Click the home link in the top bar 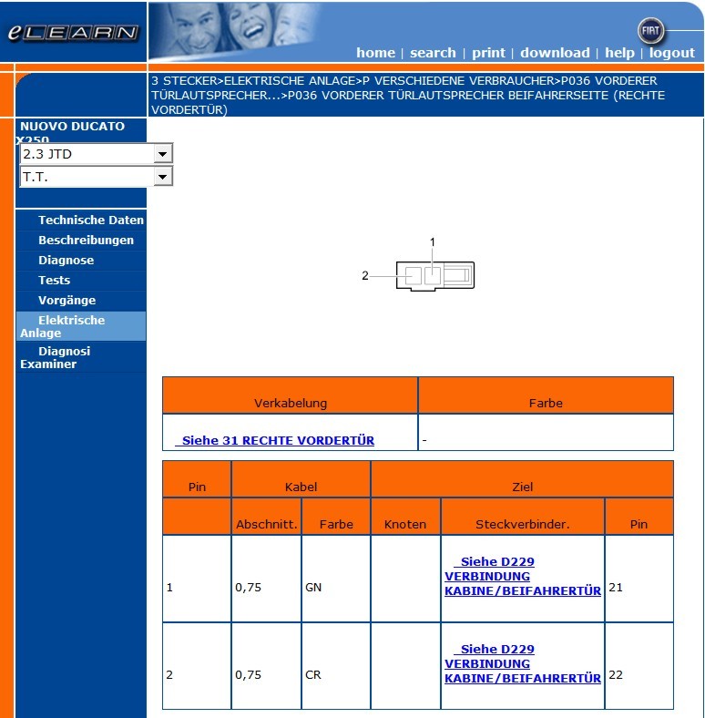(375, 53)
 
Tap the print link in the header (488, 53)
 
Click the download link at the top (555, 53)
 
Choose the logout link (672, 53)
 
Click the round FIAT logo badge (652, 30)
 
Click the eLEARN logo (73, 33)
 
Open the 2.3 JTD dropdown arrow (163, 154)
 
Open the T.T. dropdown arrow (163, 177)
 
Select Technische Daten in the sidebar (90, 221)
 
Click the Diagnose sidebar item (66, 261)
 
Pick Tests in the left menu (54, 281)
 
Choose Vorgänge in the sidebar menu (66, 301)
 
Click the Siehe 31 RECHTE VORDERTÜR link (277, 440)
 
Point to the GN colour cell (313, 588)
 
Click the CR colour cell (313, 675)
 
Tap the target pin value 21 (616, 588)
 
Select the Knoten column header (405, 524)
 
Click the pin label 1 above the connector (433, 241)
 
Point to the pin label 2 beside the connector (365, 275)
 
